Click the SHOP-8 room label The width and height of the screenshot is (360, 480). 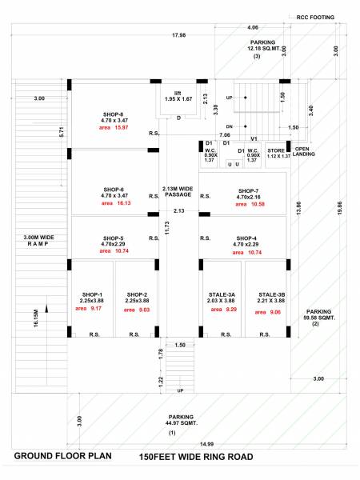(113, 114)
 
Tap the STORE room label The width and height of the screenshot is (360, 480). (275, 150)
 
